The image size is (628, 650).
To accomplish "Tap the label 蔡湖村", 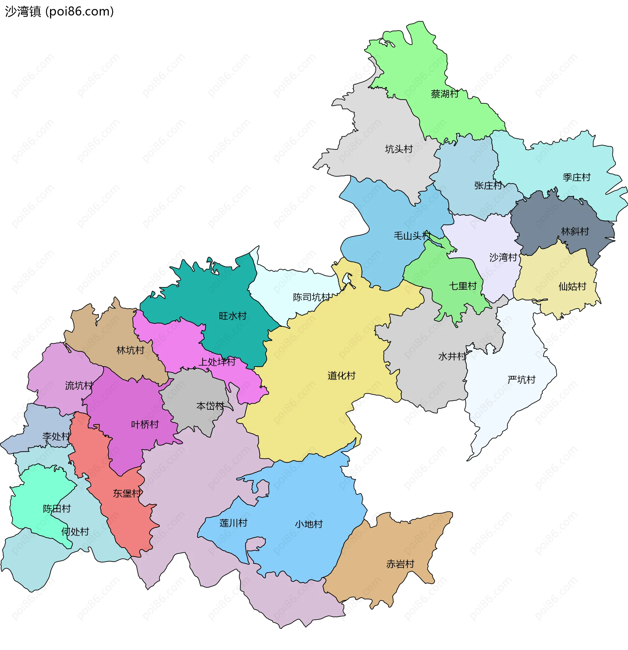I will (x=444, y=94).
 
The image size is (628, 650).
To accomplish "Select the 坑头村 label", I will (x=398, y=149).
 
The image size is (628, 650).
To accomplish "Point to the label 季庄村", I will (x=576, y=178).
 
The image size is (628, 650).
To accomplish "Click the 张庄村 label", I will (x=488, y=186).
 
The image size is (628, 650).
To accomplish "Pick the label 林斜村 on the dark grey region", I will (x=575, y=231).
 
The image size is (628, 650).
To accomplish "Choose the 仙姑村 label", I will (x=572, y=286).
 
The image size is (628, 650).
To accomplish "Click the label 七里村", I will (x=462, y=286).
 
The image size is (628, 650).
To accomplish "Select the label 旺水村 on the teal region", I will (x=233, y=316).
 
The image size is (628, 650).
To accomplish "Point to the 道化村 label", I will (x=341, y=375).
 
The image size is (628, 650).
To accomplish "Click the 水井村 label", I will (x=452, y=356).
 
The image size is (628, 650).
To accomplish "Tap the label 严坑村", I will (x=521, y=380).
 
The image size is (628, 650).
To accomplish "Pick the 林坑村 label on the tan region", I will (x=130, y=350).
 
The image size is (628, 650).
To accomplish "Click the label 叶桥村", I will (x=145, y=424).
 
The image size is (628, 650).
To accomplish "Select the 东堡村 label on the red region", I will (x=127, y=493).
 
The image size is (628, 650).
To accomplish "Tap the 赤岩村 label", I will (x=400, y=564).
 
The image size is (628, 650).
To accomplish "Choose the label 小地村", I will (x=308, y=524).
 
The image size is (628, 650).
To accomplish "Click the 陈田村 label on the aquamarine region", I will (x=57, y=509).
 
